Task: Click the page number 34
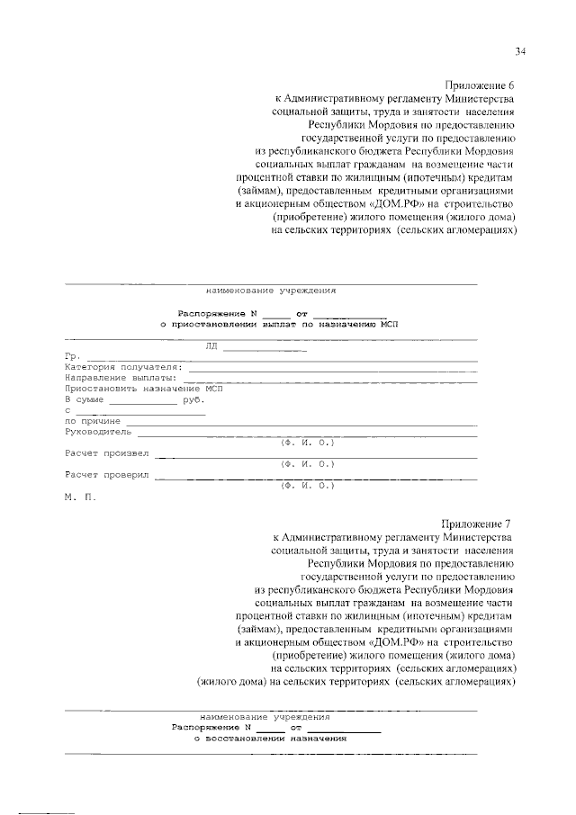[521, 50]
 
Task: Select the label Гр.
[73, 357]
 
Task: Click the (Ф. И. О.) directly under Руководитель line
[307, 443]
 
